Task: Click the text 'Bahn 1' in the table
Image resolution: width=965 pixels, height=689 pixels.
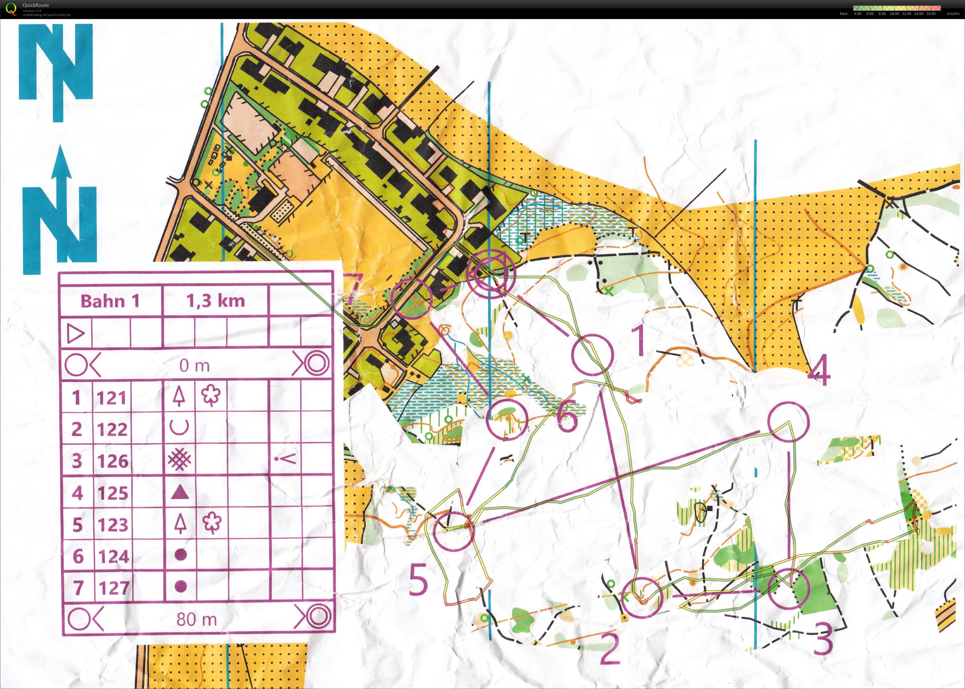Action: [110, 301]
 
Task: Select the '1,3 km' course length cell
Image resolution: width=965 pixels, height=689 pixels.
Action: [215, 301]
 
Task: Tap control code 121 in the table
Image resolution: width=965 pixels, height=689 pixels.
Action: [112, 398]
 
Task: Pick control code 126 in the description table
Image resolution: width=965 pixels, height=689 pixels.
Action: [113, 461]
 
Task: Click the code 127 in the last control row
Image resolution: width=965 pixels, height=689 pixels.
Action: [114, 588]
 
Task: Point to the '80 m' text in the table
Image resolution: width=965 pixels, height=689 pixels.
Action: [197, 619]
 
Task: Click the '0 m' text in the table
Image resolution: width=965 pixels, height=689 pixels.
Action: [194, 365]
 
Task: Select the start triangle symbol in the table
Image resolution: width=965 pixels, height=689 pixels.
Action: [76, 334]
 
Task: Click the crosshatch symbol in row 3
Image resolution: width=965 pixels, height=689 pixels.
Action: [179, 460]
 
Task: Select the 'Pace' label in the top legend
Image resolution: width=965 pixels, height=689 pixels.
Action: [843, 14]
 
